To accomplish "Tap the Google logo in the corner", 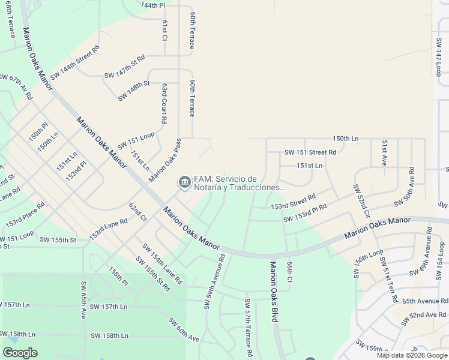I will [20, 353].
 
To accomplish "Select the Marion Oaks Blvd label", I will [273, 292].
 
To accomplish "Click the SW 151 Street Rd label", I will [310, 152].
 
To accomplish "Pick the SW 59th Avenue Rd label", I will [214, 281].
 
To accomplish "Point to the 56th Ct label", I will [289, 271].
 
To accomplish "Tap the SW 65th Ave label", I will [83, 298].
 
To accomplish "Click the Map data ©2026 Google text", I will [411, 355].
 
